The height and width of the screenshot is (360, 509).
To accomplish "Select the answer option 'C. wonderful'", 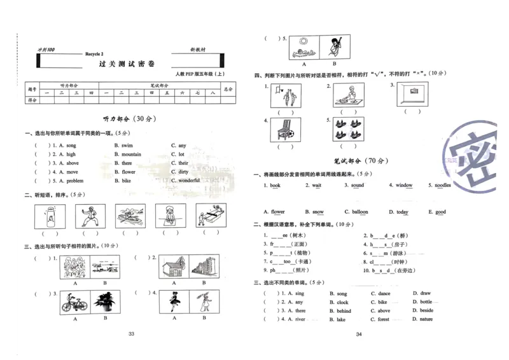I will [x=189, y=181].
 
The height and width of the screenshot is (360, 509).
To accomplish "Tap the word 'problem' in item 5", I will [x=75, y=181].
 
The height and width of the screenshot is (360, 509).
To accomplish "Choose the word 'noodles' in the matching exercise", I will [x=443, y=186].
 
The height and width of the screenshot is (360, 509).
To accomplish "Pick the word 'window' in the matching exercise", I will [x=404, y=186].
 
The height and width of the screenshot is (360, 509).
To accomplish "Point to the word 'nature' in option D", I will [x=426, y=319].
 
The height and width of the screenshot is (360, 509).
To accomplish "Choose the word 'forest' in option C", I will [x=383, y=319].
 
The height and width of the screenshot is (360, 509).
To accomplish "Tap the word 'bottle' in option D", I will [x=426, y=302].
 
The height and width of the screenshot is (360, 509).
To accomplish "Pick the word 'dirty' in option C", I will [x=183, y=172].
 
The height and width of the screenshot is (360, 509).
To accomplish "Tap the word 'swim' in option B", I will [x=127, y=146].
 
